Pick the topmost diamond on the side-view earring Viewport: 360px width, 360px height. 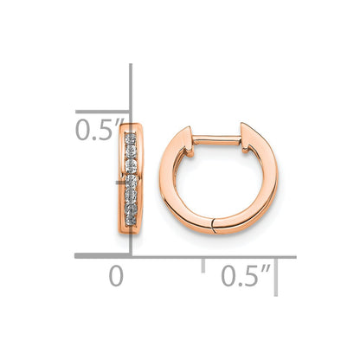[x=130, y=138]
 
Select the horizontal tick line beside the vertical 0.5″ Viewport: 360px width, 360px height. [x=102, y=111]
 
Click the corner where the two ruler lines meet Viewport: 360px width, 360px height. [x=131, y=255]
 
